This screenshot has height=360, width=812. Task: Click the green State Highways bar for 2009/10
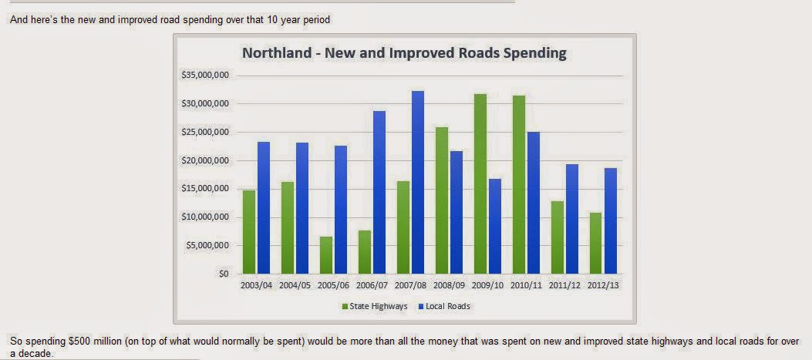[x=480, y=183]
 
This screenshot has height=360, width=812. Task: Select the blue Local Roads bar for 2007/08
[x=418, y=182]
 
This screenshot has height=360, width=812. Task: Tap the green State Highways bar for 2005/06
[x=326, y=254]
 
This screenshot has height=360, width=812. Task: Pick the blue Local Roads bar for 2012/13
[x=611, y=220]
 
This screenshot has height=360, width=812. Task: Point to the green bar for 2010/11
[x=519, y=184]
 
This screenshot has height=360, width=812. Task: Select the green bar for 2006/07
[x=365, y=251]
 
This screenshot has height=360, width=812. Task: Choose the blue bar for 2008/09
[x=457, y=212]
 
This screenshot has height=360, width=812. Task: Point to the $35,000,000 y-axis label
[x=205, y=76]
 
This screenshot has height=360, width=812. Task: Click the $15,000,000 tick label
[x=205, y=189]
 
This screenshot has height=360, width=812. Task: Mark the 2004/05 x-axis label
[x=295, y=285]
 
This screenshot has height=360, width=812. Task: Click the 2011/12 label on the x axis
[x=565, y=285]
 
